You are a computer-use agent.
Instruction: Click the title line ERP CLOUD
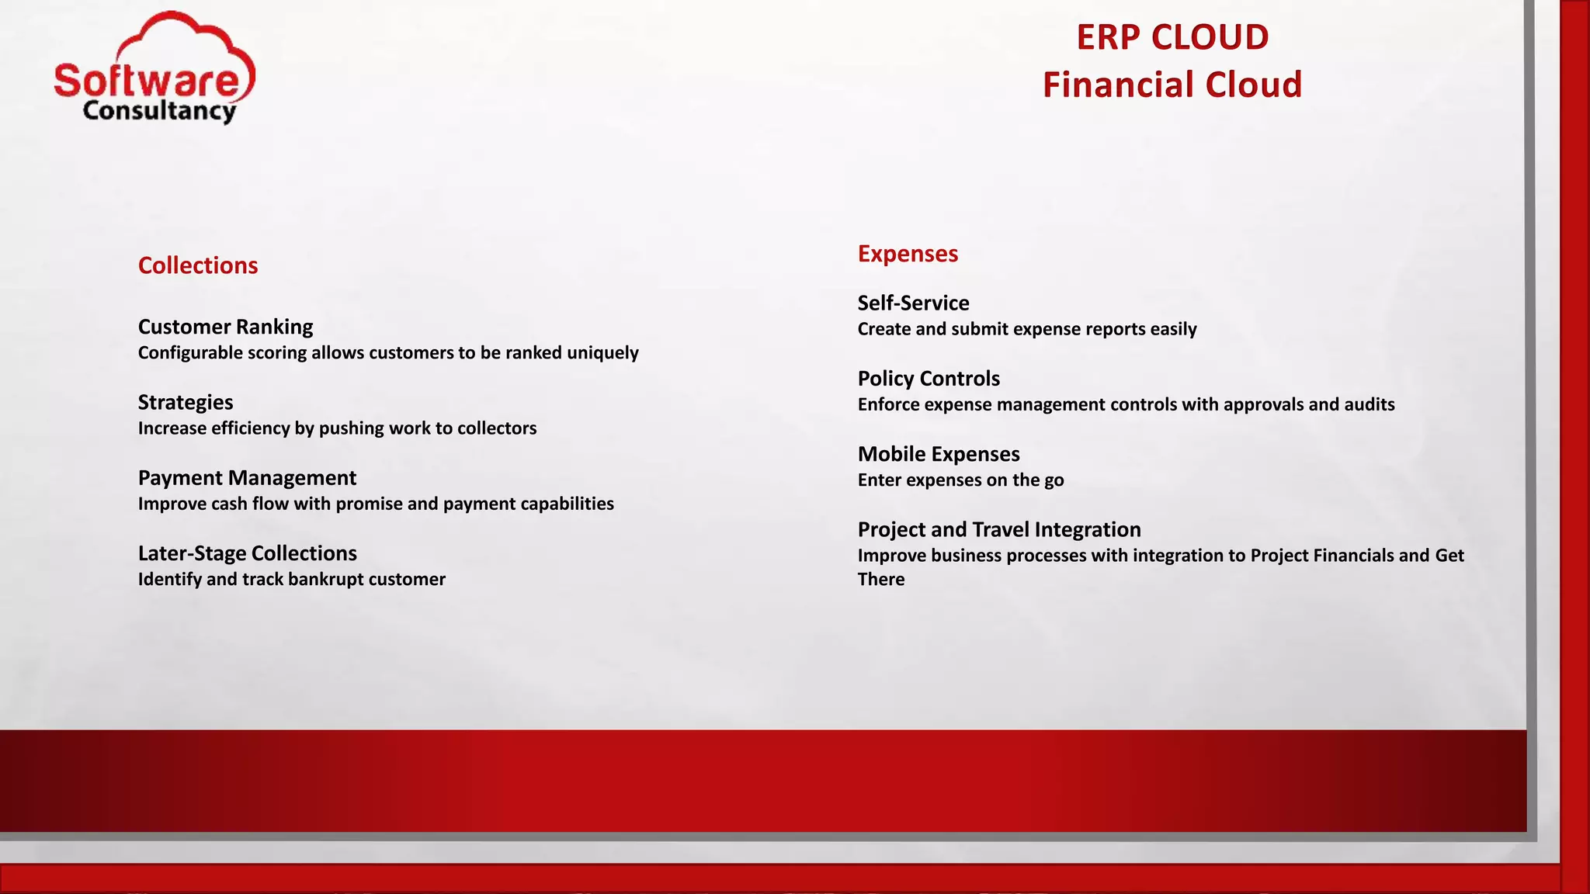[x=1172, y=37]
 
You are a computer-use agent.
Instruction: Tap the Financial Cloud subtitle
[x=1172, y=85]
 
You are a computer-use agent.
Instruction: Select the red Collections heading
[x=198, y=265]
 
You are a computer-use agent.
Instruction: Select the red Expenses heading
[x=908, y=254]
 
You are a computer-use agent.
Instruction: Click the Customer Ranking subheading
[x=225, y=327]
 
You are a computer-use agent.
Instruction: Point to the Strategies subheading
[x=186, y=402]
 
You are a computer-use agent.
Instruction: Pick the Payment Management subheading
[x=247, y=477]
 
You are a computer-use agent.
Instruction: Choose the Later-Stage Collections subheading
[x=247, y=553]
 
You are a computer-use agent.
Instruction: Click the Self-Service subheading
[x=913, y=303]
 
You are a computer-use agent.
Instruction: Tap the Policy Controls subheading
[x=929, y=378]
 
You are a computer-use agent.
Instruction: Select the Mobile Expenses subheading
[x=939, y=454]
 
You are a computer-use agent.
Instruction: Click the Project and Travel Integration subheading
[x=999, y=529]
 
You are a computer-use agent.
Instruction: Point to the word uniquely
[x=602, y=353]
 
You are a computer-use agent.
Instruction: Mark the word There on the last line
[x=881, y=580]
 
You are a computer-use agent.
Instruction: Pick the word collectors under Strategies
[x=497, y=428]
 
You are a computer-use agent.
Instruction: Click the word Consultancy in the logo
[x=159, y=111]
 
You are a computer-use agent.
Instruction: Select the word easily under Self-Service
[x=1173, y=329]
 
